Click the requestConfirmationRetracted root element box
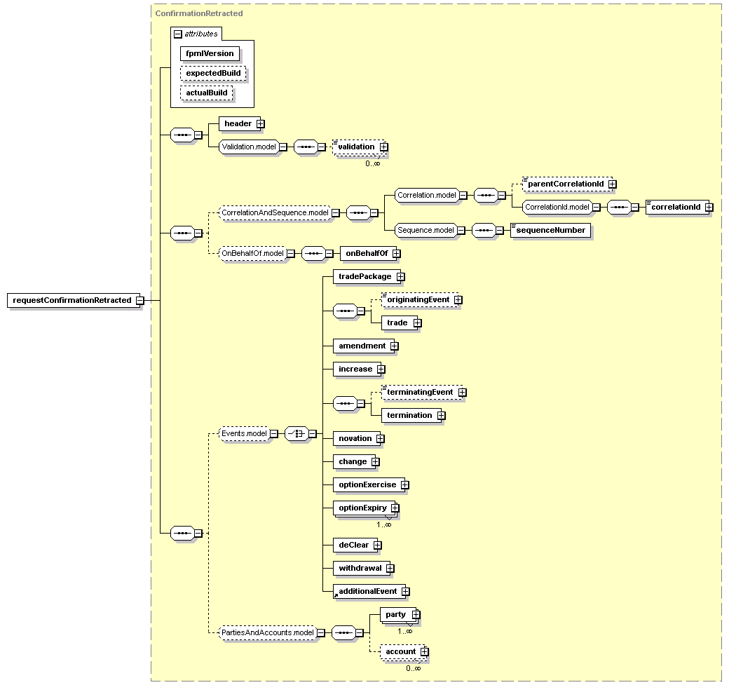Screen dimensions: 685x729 72,300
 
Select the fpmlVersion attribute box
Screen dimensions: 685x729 210,53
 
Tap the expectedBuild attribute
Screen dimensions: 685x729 213,73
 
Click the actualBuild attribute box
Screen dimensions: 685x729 206,93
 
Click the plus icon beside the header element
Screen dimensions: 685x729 260,123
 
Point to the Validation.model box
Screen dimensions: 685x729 248,147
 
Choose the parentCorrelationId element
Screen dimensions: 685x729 566,184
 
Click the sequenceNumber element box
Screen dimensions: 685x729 550,230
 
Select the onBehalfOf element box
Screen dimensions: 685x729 366,253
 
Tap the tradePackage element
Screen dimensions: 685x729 364,276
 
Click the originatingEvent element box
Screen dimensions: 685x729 418,299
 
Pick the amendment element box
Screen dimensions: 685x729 362,346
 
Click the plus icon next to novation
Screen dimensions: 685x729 380,438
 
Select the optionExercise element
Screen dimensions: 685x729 367,484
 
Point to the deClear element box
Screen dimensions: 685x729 353,545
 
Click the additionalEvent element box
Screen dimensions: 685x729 367,591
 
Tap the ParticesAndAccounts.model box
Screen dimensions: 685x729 267,632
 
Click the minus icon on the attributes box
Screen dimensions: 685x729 178,34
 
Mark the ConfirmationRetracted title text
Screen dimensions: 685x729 199,13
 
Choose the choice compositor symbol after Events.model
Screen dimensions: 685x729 297,434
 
